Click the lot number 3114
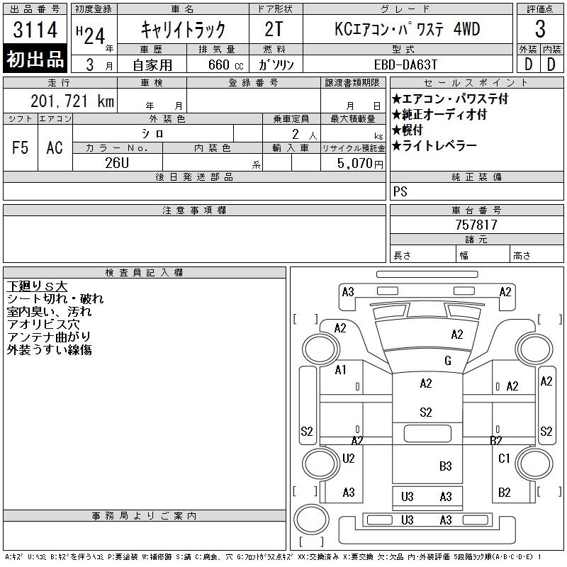(x=35, y=29)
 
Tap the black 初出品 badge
(x=35, y=59)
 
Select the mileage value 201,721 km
(x=72, y=101)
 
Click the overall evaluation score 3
(x=540, y=28)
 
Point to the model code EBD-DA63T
(x=405, y=65)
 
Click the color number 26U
(x=117, y=163)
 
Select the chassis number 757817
(x=476, y=225)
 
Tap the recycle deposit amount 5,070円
(x=360, y=164)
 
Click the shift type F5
(x=21, y=147)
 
